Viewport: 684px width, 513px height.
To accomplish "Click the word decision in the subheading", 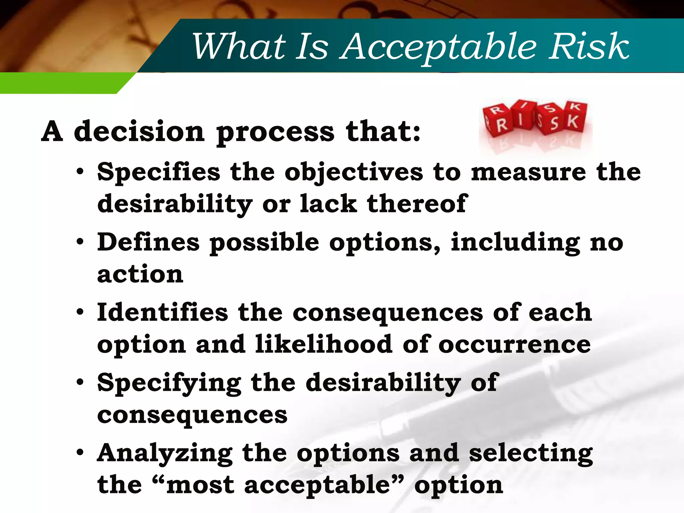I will pos(139,132).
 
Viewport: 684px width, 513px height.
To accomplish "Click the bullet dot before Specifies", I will pos(79,172).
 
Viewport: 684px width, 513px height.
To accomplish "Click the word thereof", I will pos(416,203).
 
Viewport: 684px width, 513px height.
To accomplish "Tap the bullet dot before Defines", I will pos(79,242).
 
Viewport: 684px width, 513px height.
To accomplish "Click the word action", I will pos(140,274).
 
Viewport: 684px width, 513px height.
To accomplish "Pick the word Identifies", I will pos(162,312).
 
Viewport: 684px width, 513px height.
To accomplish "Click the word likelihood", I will pos(324,344).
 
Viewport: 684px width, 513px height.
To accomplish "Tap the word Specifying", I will pos(169,383).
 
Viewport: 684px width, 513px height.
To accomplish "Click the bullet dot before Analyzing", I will pos(79,453).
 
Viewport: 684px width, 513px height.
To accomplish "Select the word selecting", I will pos(531,454).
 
